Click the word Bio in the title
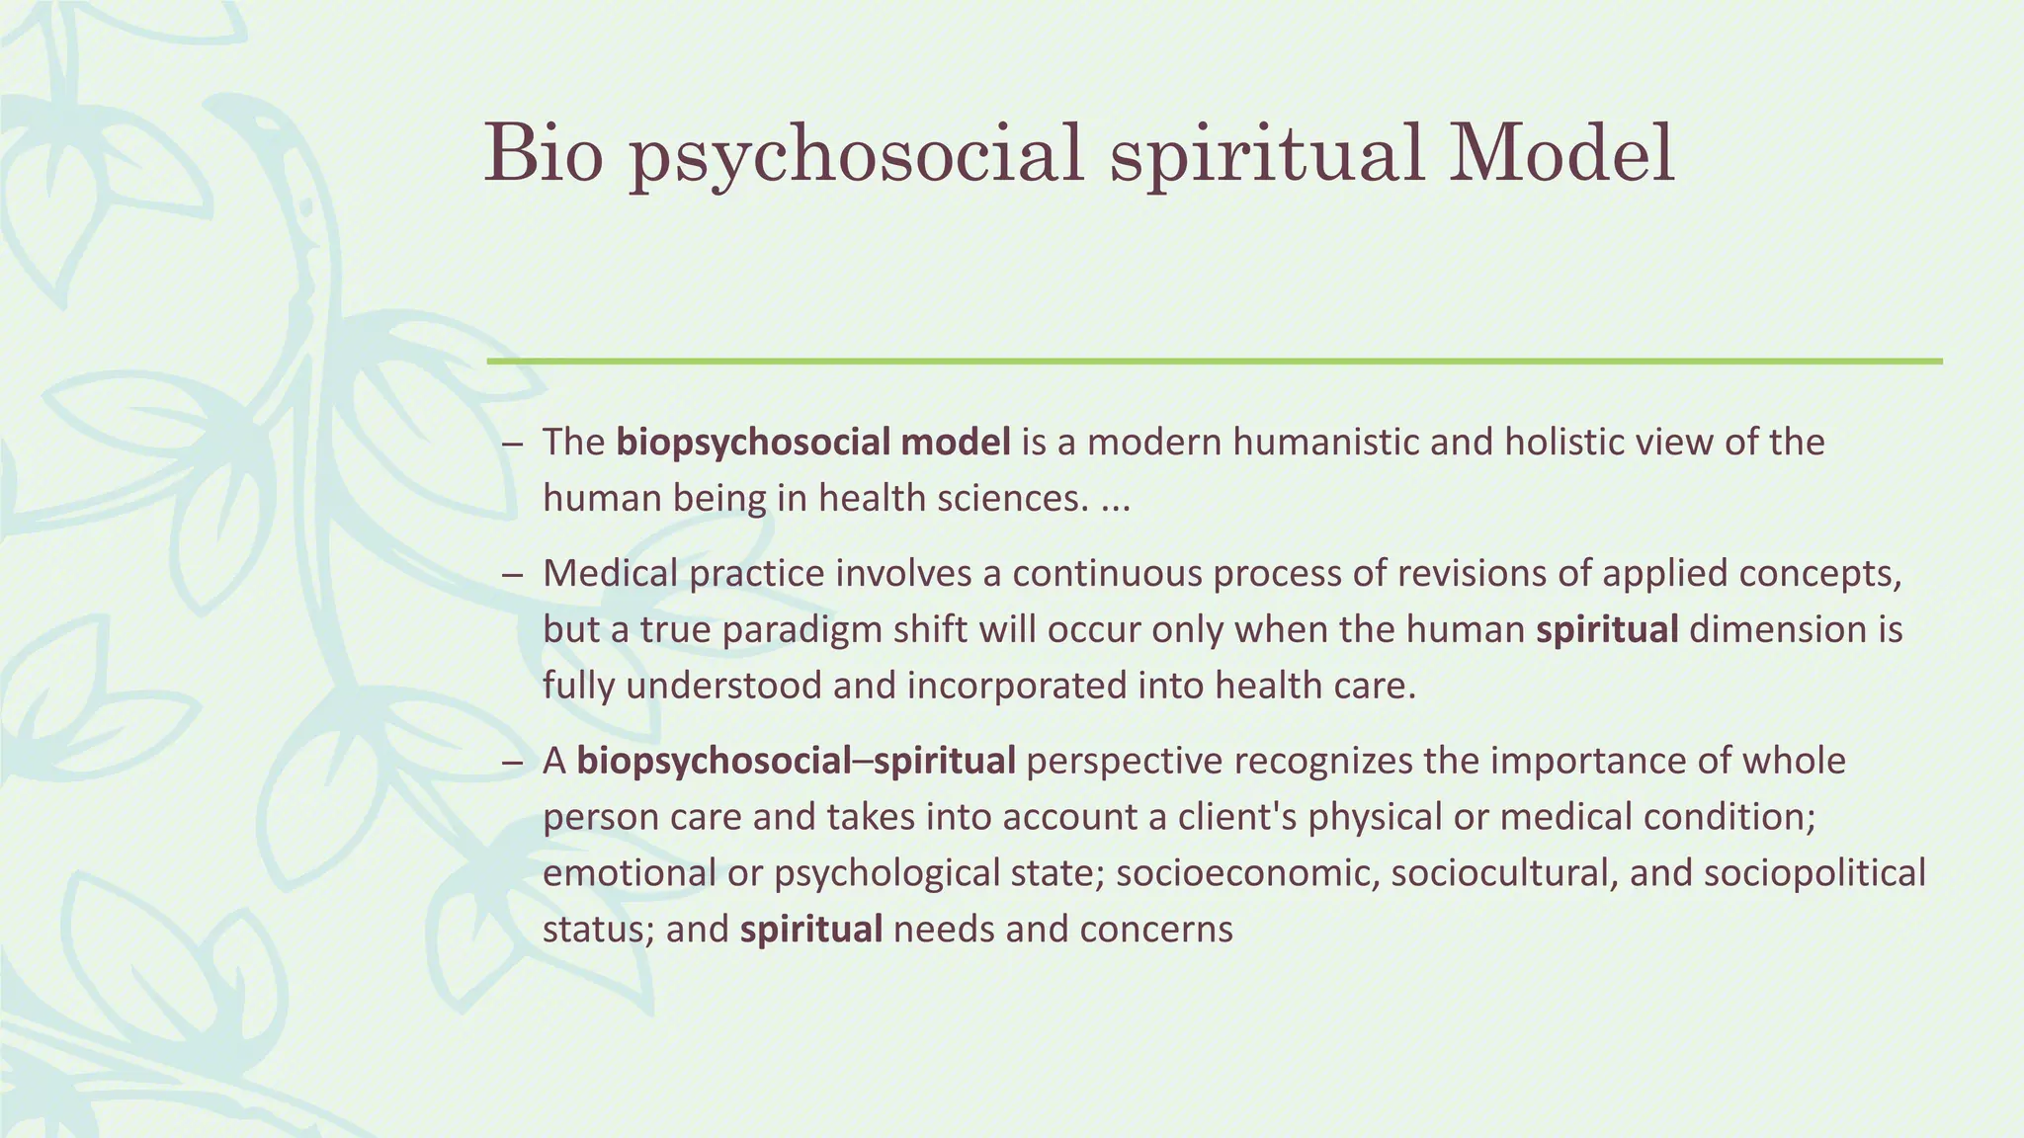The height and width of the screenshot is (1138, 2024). click(x=543, y=153)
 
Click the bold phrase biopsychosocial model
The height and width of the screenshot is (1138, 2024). click(x=813, y=442)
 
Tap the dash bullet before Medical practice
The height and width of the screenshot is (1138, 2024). click(x=511, y=574)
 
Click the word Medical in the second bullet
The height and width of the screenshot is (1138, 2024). click(x=609, y=573)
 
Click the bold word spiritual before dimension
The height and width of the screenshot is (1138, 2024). click(x=1607, y=629)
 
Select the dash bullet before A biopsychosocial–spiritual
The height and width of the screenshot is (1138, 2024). click(x=511, y=762)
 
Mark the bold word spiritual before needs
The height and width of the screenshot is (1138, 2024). click(x=810, y=930)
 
